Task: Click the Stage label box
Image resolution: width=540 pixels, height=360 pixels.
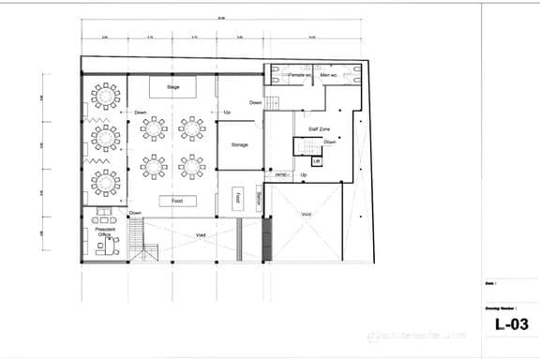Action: coord(172,87)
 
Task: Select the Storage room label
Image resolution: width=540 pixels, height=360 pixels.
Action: coord(239,145)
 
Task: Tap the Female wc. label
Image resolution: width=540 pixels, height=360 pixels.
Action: coord(299,73)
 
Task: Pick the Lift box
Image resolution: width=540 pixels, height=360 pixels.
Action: coord(317,161)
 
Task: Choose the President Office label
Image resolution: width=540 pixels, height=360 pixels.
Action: coord(105,232)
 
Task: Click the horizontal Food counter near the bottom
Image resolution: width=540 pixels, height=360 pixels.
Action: coord(177,201)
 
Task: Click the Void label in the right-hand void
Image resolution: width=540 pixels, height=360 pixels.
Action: coord(307,215)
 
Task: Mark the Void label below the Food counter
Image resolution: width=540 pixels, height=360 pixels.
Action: coord(201,235)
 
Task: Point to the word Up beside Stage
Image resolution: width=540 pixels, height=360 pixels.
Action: coord(227,112)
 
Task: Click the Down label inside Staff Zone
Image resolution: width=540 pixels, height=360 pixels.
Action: coord(330,142)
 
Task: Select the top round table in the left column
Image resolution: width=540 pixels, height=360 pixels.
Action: coord(106,96)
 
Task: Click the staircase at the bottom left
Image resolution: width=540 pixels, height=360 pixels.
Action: coord(145,250)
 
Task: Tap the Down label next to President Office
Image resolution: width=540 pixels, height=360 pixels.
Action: coord(135,213)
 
